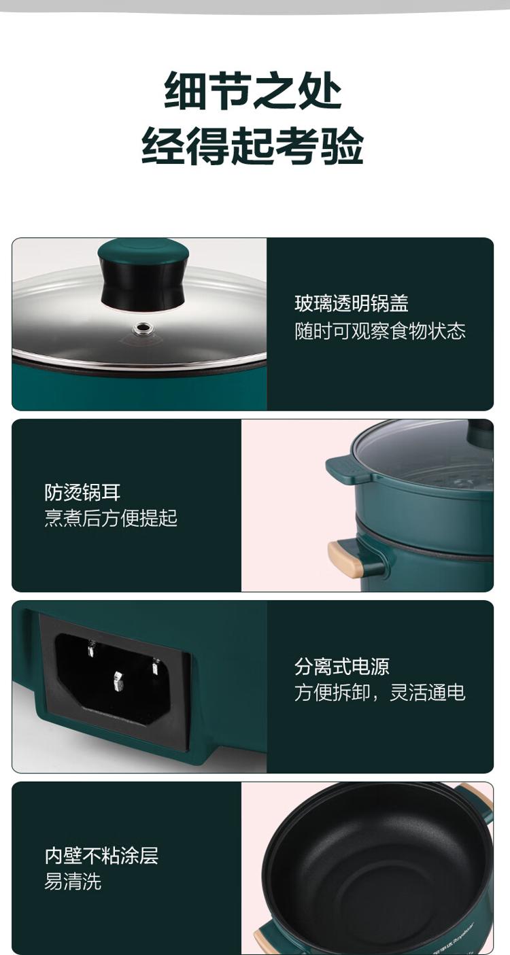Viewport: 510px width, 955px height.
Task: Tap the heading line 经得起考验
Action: pos(252,146)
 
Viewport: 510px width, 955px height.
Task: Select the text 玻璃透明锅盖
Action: pos(352,303)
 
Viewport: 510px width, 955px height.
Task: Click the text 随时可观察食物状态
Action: pos(380,331)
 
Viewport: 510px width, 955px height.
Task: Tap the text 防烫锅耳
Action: pos(83,492)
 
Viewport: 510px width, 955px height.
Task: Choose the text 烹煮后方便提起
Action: pos(111,518)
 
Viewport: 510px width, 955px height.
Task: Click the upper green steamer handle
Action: pos(346,470)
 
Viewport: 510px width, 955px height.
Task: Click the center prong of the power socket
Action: pos(118,681)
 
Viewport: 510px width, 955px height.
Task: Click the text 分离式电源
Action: pos(342,666)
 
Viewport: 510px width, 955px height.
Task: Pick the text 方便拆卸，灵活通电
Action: pos(380,693)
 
